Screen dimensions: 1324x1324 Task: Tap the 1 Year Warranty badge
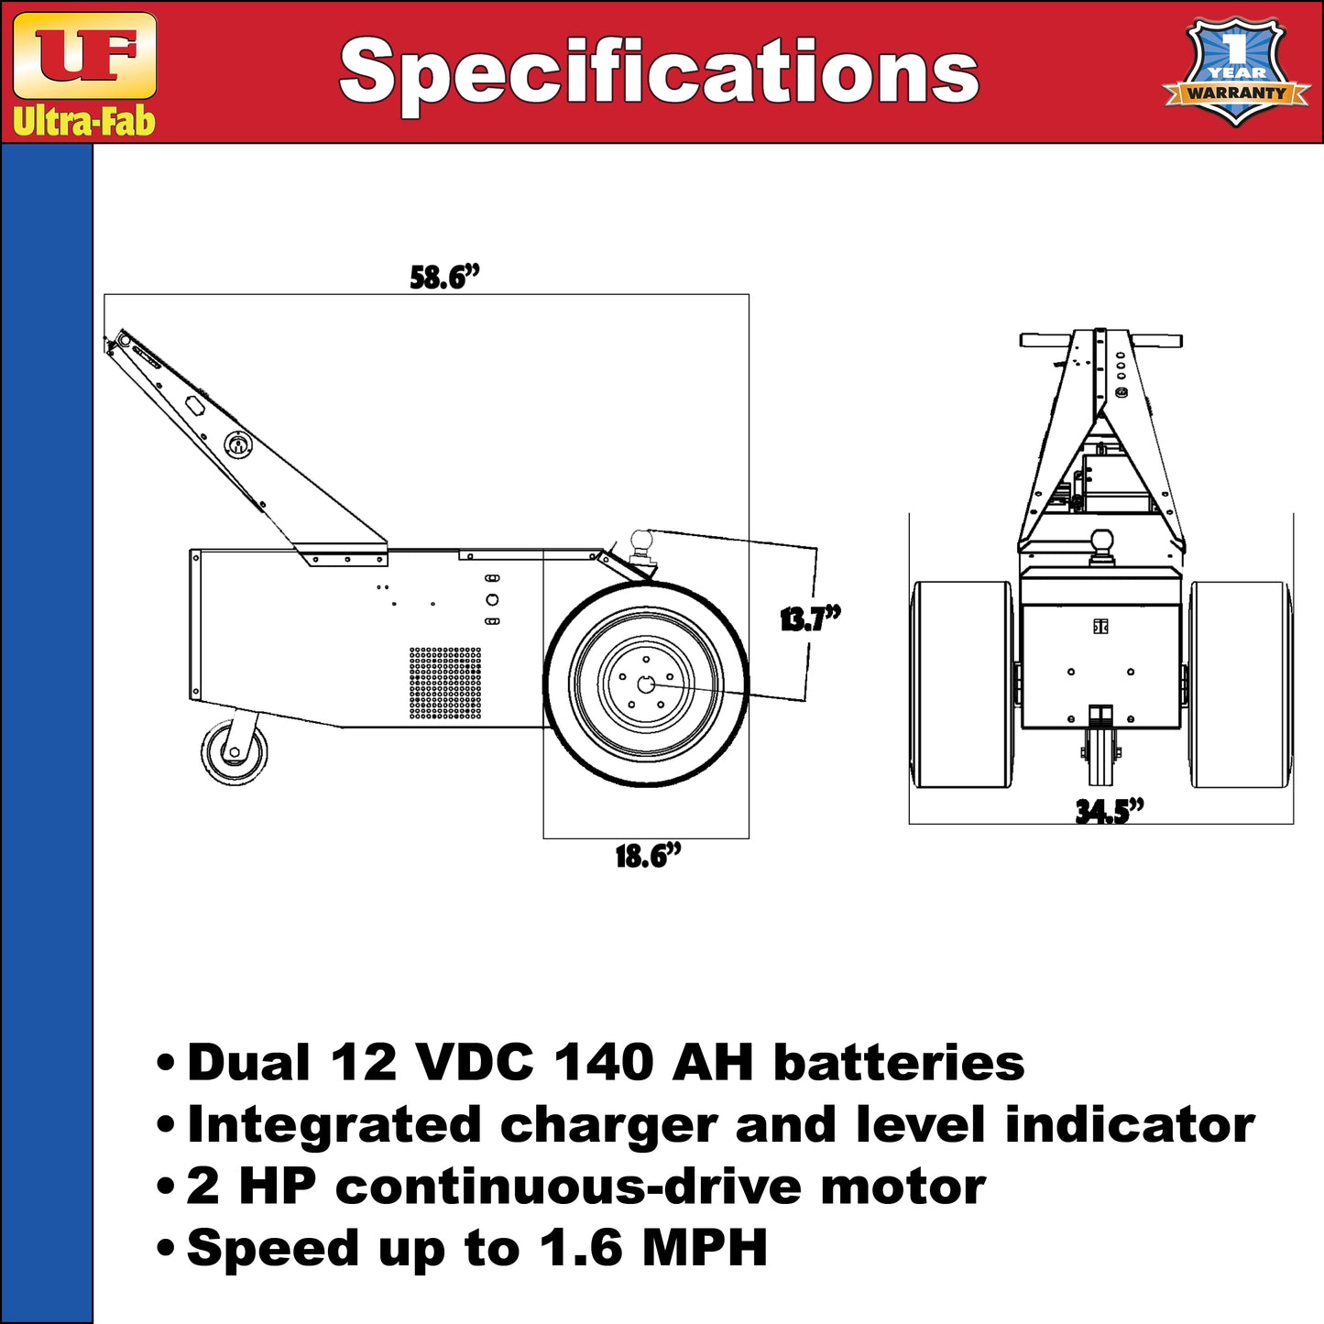click(x=1236, y=71)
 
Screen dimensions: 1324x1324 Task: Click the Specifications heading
click(x=659, y=72)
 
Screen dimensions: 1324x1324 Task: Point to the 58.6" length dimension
click(x=444, y=277)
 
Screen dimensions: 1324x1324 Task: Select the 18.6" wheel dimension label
click(x=648, y=857)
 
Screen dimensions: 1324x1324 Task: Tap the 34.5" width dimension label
click(x=1110, y=811)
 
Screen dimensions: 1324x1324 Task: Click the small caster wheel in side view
click(x=234, y=752)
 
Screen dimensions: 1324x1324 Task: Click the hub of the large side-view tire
click(x=646, y=684)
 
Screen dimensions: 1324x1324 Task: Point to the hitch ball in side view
click(x=641, y=542)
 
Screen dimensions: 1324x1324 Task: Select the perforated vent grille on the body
click(x=444, y=683)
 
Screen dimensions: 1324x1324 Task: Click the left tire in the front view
click(x=962, y=684)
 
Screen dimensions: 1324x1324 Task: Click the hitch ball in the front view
click(x=1101, y=542)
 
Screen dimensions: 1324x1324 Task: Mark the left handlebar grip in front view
click(x=1045, y=340)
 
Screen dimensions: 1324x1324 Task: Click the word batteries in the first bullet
click(x=898, y=1063)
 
